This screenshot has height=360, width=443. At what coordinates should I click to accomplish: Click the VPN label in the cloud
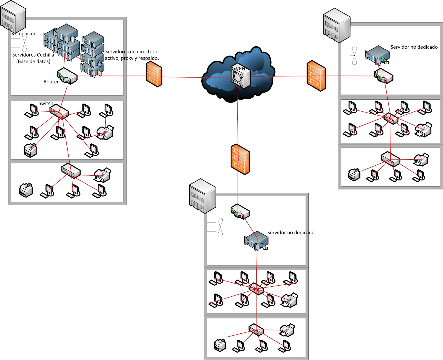pyautogui.click(x=240, y=68)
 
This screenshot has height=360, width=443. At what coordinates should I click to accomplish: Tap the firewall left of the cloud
pyautogui.click(x=154, y=74)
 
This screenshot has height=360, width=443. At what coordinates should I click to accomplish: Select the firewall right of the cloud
pyautogui.click(x=316, y=76)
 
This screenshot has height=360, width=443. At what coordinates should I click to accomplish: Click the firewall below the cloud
pyautogui.click(x=240, y=159)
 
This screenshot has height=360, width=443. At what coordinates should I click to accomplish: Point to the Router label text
pyautogui.click(x=51, y=82)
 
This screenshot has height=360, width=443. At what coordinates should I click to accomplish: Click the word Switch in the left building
pyautogui.click(x=46, y=103)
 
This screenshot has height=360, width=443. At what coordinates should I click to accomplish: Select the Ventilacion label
pyautogui.click(x=24, y=34)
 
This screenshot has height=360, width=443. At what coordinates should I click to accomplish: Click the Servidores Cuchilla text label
pyautogui.click(x=33, y=55)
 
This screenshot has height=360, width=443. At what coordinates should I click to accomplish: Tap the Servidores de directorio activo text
pyautogui.click(x=132, y=55)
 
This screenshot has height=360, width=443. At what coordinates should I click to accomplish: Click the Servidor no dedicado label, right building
pyautogui.click(x=414, y=47)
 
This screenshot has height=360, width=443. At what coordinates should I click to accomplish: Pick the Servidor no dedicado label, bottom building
pyautogui.click(x=291, y=233)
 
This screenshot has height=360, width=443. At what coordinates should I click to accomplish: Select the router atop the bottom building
pyautogui.click(x=240, y=212)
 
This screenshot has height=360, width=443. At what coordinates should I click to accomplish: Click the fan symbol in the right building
pyautogui.click(x=354, y=56)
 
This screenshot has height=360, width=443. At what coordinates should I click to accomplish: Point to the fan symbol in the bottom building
pyautogui.click(x=220, y=227)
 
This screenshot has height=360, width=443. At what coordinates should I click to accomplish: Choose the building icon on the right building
pyautogui.click(x=337, y=25)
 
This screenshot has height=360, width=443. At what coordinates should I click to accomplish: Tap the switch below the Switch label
pyautogui.click(x=59, y=111)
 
